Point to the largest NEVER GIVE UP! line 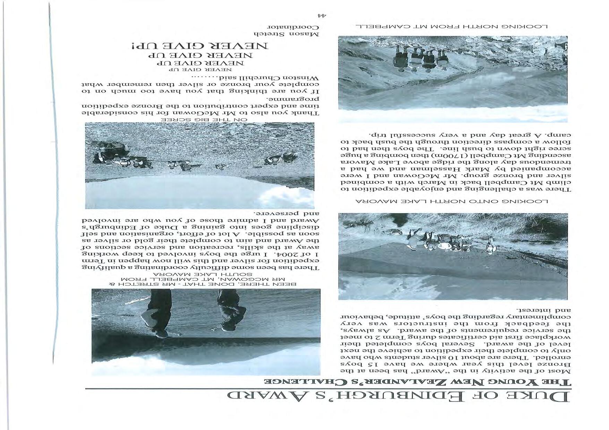200,46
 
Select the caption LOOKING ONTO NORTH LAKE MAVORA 452,201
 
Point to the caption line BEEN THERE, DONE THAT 206,284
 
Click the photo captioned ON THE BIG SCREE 199,165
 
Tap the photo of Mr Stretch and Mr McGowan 206,332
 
